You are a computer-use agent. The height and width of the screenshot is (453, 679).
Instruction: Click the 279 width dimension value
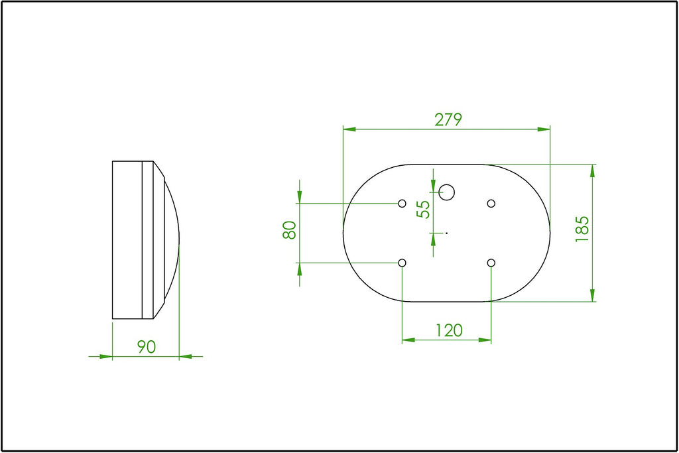448,119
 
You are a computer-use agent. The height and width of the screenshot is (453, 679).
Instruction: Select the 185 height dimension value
582,229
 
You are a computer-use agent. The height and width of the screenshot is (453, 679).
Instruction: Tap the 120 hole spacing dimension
448,330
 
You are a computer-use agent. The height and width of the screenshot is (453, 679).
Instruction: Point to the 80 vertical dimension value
289,230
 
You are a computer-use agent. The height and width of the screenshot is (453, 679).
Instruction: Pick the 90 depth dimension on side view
146,346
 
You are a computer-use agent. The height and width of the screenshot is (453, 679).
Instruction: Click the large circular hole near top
446,192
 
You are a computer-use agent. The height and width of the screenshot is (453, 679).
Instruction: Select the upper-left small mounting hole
402,203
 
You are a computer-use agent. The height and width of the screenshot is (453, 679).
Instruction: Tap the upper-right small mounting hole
491,203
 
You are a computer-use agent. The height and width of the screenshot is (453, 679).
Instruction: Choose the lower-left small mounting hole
402,263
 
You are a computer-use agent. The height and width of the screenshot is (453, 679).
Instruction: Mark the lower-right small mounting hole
491,263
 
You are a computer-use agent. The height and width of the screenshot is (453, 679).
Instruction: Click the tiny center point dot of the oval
447,233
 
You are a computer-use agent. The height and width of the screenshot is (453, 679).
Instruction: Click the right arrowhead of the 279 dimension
544,129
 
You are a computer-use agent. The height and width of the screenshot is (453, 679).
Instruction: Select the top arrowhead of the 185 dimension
593,170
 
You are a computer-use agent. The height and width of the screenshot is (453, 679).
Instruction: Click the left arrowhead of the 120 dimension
408,340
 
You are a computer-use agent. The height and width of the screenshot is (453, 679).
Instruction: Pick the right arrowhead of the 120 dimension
485,340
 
